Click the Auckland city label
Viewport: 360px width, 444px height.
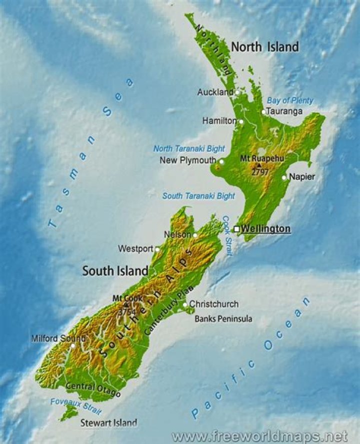click(215, 92)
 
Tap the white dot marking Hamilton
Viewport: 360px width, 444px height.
click(241, 121)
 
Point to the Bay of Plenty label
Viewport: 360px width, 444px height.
click(290, 100)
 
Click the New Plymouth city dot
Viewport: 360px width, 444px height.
click(221, 161)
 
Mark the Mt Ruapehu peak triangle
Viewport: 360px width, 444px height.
click(258, 165)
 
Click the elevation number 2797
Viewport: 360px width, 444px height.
click(260, 172)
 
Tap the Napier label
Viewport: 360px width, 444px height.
click(302, 177)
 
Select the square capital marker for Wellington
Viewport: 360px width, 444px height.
click(236, 229)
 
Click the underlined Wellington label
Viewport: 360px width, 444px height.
click(265, 229)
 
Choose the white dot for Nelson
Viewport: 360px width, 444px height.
click(195, 235)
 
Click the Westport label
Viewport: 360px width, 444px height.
click(135, 248)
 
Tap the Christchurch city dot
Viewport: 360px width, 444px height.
click(185, 304)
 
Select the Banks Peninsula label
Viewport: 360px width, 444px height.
click(223, 319)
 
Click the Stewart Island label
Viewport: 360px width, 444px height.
click(108, 423)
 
